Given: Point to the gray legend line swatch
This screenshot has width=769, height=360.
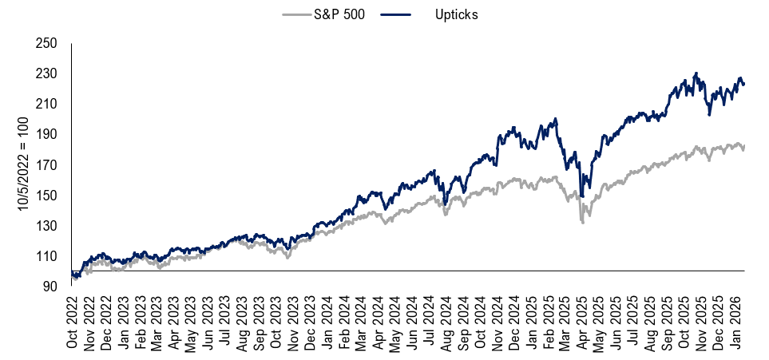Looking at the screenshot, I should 303,15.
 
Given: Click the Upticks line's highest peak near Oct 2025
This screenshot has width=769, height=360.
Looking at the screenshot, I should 696,73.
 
